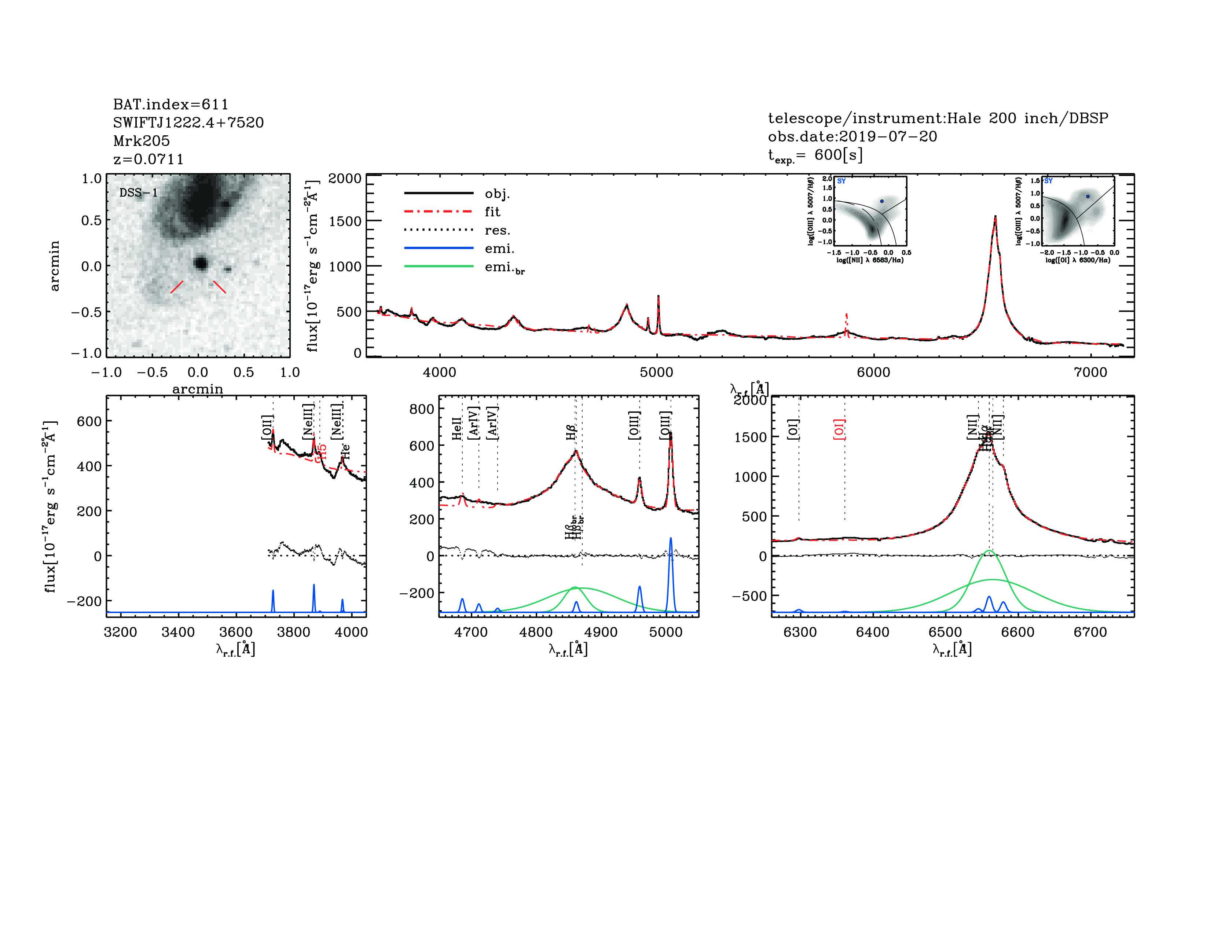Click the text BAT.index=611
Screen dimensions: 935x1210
click(170, 104)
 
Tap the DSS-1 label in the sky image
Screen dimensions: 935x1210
click(139, 193)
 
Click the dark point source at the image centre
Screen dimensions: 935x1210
click(201, 263)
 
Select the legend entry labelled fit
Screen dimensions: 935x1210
click(492, 212)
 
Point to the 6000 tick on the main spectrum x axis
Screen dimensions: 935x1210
click(874, 372)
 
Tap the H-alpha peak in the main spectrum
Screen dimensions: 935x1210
click(995, 217)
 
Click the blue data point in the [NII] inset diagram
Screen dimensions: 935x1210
click(882, 201)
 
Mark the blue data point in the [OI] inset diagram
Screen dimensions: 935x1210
click(1088, 196)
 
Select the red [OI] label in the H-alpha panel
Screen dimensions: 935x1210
click(839, 429)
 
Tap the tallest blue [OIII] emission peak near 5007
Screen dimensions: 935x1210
click(670, 538)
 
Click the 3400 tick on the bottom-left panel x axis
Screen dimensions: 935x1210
click(178, 632)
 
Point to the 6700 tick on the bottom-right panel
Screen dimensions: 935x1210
click(1090, 632)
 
